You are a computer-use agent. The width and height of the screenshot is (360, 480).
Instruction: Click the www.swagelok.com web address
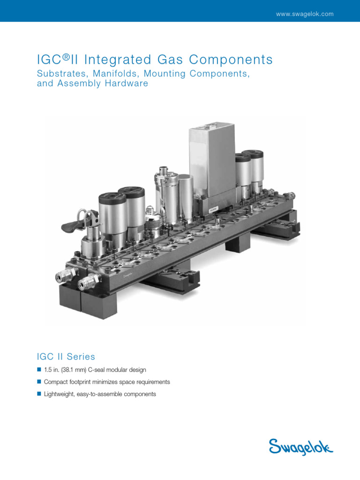305,14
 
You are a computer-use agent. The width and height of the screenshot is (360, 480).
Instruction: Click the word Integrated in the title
118,60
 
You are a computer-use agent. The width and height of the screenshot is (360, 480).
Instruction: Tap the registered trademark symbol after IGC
67,57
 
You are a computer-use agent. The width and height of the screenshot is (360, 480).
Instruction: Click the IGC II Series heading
66,357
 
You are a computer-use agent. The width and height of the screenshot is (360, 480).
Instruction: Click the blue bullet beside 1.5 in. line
39,369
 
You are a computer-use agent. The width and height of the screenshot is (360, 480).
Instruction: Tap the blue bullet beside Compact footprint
39,382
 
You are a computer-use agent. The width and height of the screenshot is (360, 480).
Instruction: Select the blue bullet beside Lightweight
39,394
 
